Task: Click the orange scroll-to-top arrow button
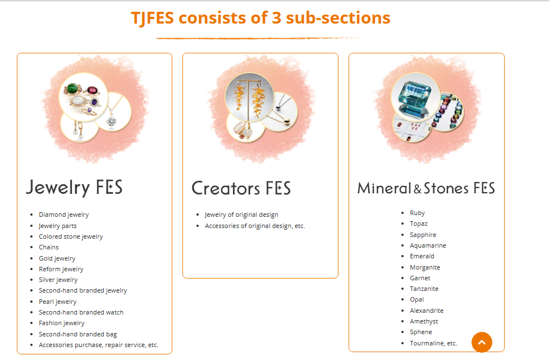click(482, 342)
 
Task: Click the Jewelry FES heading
click(74, 187)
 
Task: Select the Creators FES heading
click(241, 188)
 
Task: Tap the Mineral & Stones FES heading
click(426, 188)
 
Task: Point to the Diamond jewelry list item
click(63, 215)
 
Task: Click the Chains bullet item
click(49, 247)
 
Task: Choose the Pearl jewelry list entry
click(57, 302)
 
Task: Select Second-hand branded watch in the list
click(81, 312)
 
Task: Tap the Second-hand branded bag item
click(77, 334)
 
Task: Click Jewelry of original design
click(241, 215)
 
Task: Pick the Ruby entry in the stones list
click(417, 213)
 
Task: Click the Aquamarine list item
click(428, 245)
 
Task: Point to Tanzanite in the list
click(424, 289)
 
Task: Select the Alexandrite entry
click(427, 311)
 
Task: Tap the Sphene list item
click(421, 332)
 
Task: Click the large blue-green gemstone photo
click(415, 95)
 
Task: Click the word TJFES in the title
click(152, 18)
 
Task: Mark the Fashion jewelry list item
click(62, 323)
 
